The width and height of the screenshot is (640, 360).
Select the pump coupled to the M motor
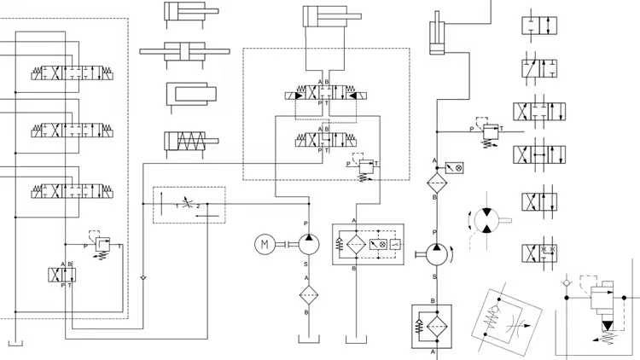tap(308, 246)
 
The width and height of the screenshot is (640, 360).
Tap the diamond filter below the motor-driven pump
tap(308, 294)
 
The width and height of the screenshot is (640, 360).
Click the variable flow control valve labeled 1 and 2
tap(188, 205)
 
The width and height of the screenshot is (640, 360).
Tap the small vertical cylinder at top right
tap(437, 34)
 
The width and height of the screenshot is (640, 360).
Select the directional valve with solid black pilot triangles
tap(324, 95)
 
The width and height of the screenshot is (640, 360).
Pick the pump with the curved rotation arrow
tap(435, 253)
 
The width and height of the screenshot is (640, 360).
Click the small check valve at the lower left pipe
tap(143, 278)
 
